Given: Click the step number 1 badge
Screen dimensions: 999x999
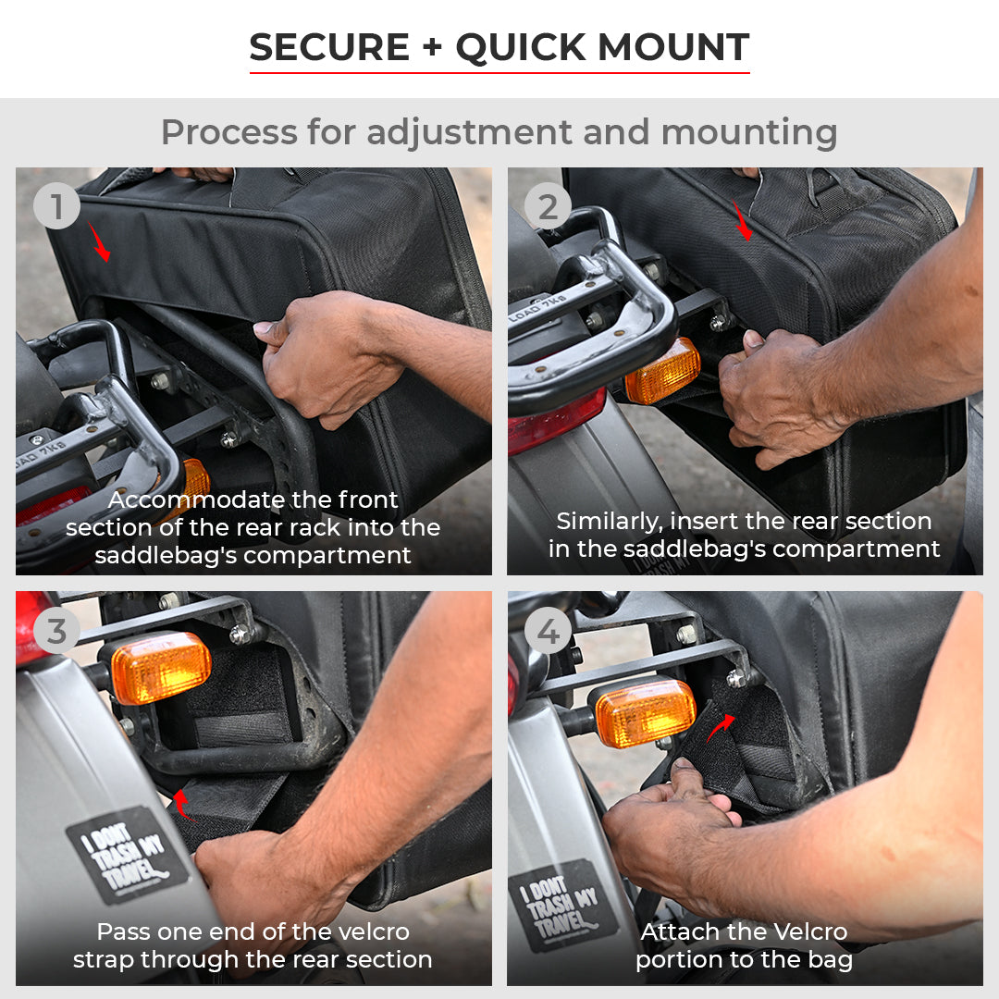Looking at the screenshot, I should (x=57, y=207).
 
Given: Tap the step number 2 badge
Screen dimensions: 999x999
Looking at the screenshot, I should (x=548, y=207).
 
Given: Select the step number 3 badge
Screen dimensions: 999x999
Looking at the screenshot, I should (x=57, y=632).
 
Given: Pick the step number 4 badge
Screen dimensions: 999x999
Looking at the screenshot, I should (x=548, y=632).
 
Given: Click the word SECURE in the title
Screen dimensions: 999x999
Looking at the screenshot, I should (x=328, y=47).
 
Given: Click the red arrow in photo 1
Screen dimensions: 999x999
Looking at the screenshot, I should (x=100, y=241).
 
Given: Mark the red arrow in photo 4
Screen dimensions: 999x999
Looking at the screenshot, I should (x=722, y=726).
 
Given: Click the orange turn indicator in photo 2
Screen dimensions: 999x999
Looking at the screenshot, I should (x=661, y=372).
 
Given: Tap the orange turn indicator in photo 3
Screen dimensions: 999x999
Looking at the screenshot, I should (x=161, y=667).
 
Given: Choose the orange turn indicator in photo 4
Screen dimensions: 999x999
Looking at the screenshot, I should (x=644, y=712).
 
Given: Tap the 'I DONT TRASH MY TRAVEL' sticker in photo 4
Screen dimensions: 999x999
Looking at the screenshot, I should (x=563, y=906).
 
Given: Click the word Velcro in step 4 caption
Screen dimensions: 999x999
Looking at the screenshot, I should (x=800, y=931).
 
